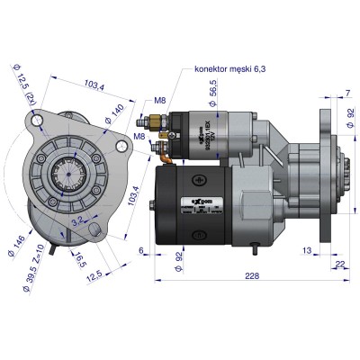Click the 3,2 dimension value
pos(79,220)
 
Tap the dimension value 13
pos(308,249)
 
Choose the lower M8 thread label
pos(140,136)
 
